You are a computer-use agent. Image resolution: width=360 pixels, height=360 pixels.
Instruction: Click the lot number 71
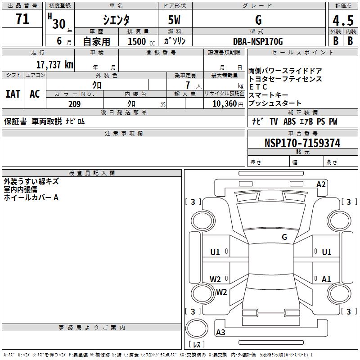point(22,19)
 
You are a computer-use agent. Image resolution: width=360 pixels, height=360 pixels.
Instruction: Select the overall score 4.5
point(343,21)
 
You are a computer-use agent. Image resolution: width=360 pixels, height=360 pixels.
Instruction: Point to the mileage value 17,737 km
point(54,65)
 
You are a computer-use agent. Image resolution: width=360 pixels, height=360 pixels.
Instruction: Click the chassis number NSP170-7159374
point(302,144)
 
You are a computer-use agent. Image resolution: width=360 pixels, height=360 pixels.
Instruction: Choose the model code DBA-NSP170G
point(258,42)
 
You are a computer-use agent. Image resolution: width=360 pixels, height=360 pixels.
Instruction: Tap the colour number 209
point(74,104)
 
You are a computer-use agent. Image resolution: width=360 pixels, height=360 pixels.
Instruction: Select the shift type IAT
point(13,94)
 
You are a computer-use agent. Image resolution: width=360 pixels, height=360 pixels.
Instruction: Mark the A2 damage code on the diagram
point(321,184)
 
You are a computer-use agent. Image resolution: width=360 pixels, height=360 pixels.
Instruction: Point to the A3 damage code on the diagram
point(220,333)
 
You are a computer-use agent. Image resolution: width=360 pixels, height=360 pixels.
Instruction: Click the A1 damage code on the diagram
point(326,279)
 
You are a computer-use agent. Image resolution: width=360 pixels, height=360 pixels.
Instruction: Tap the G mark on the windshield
point(284,237)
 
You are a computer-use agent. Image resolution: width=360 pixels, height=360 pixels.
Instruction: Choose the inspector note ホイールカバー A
point(31,198)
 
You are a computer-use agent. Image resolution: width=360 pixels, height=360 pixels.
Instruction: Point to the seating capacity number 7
point(187,85)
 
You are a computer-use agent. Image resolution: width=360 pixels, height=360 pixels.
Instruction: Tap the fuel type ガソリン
point(175,41)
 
